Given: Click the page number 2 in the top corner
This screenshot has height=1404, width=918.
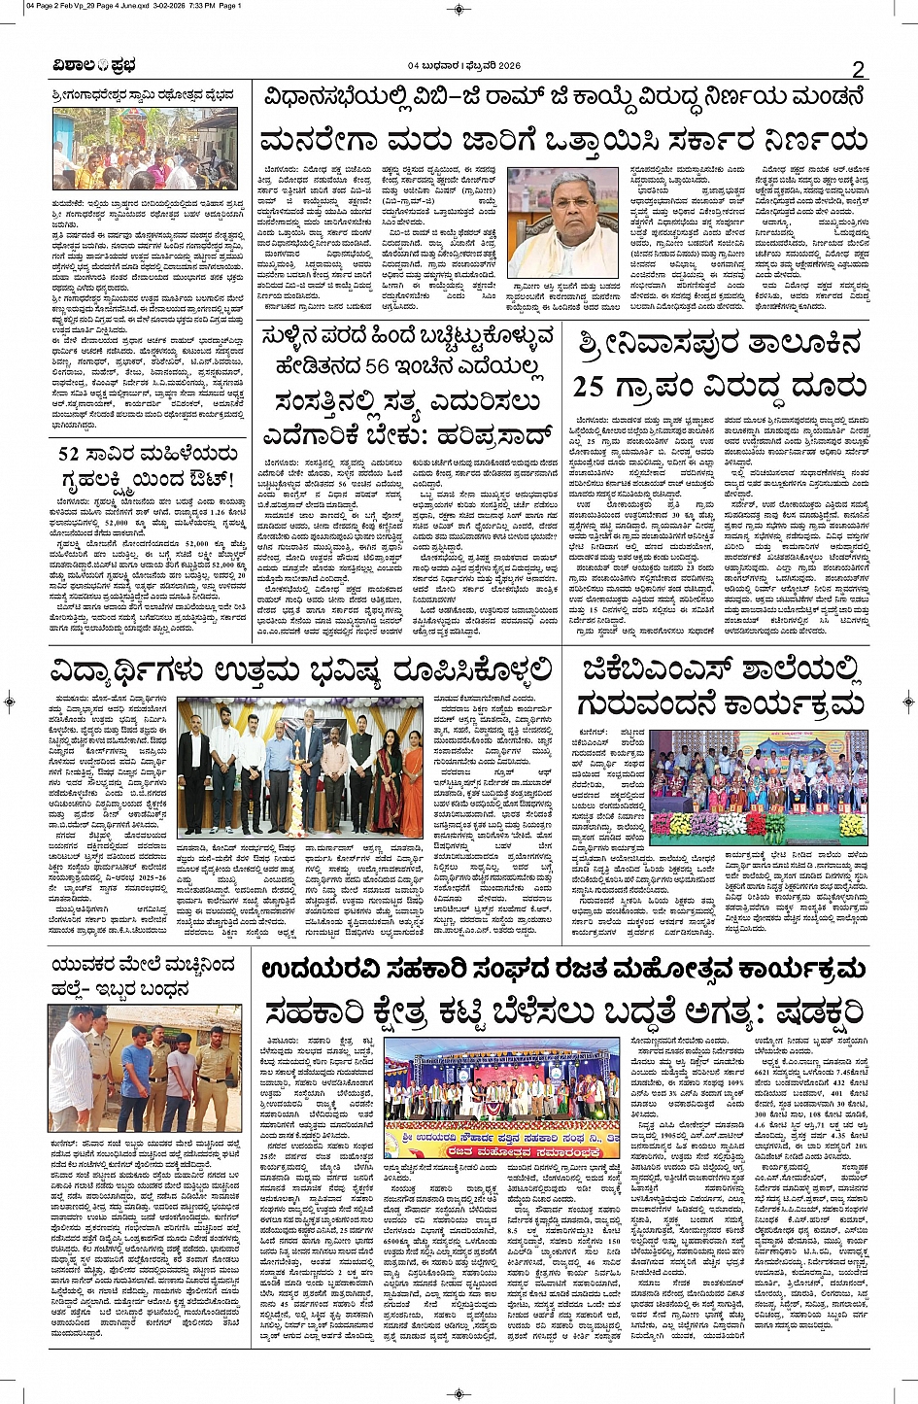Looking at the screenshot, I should (x=858, y=69).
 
